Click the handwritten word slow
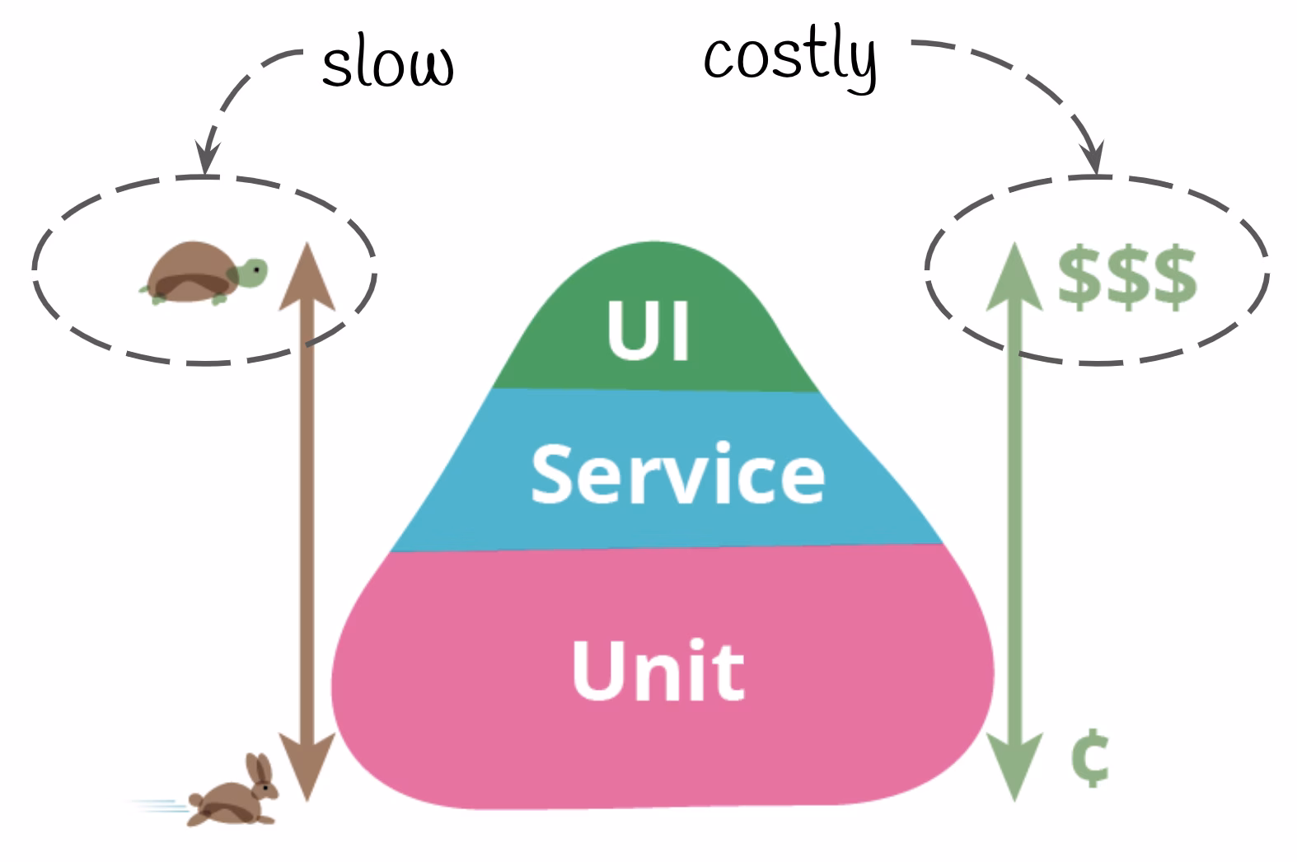[387, 65]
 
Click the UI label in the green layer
[648, 330]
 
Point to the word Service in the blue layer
[677, 473]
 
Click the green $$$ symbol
[1126, 277]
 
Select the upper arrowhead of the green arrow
[1014, 276]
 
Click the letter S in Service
[553, 473]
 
